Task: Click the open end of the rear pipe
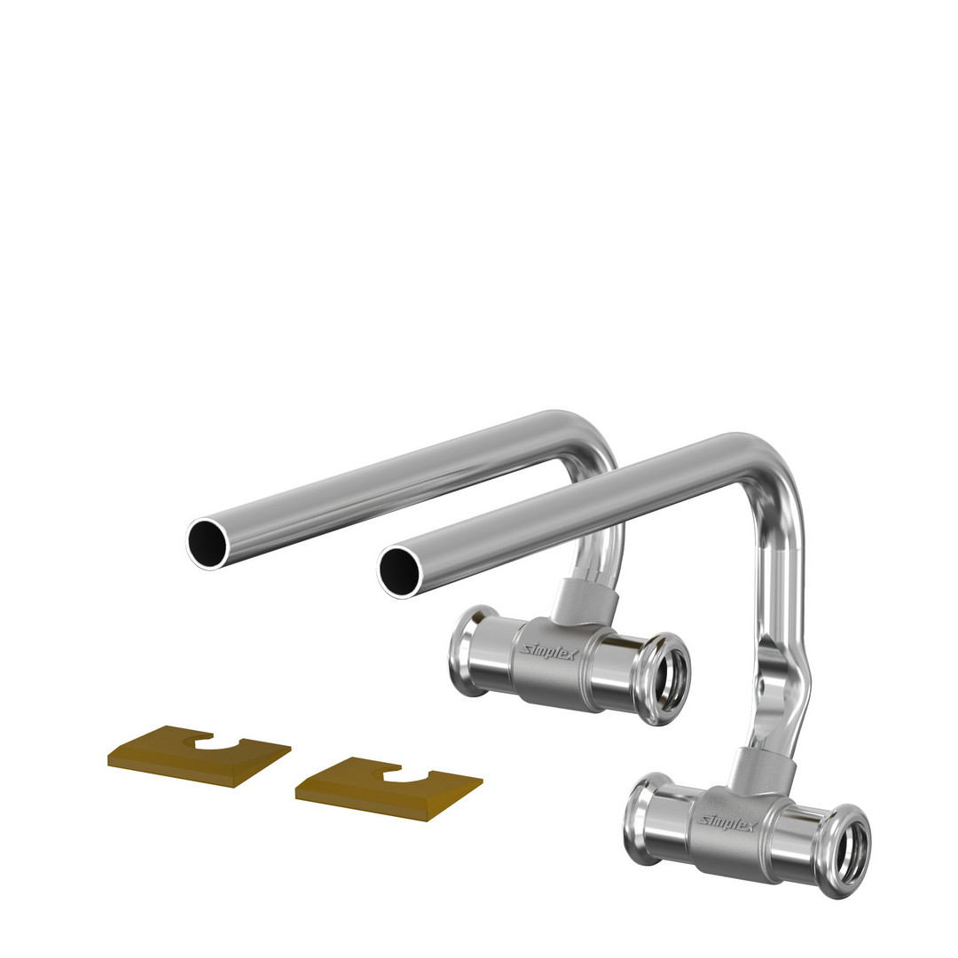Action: point(207,543)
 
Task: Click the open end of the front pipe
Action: point(399,571)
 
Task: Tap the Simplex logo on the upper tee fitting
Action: point(549,653)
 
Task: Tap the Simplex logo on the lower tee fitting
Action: point(728,821)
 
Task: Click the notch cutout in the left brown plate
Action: point(215,741)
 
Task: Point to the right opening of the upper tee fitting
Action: point(669,679)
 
